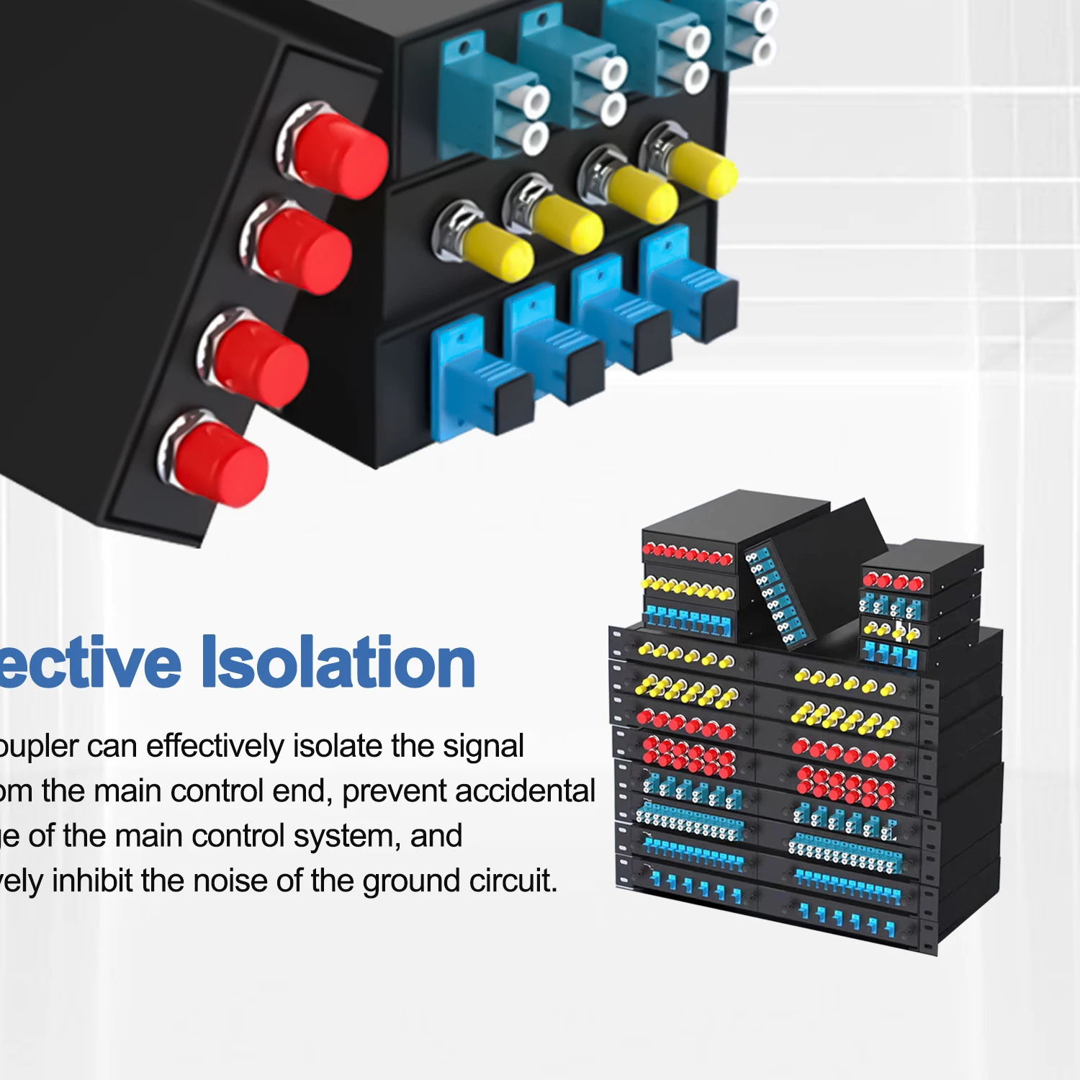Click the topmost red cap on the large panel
click(338, 153)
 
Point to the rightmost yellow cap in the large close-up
click(702, 170)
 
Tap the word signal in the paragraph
click(483, 747)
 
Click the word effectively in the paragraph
click(215, 747)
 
